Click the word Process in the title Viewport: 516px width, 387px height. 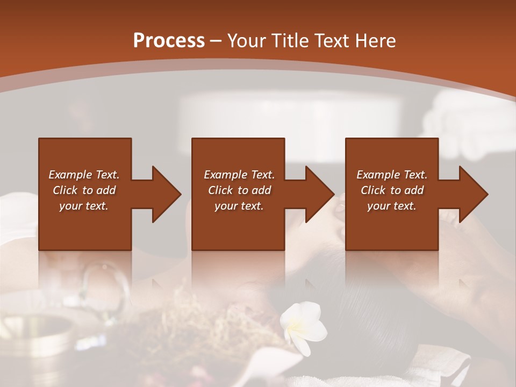tap(169, 40)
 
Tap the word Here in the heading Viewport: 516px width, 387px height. tap(376, 40)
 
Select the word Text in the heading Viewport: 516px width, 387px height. tap(333, 40)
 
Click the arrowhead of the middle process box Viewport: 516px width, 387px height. tap(319, 194)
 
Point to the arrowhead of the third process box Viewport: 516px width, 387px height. tap(473, 194)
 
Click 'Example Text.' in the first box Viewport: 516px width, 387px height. tap(84, 175)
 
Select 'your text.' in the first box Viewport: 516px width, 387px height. tap(84, 206)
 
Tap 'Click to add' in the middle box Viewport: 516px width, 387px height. tap(239, 190)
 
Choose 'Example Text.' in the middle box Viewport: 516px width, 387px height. tap(239, 175)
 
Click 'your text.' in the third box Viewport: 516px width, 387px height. tap(392, 206)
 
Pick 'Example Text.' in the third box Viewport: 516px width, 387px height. tap(392, 175)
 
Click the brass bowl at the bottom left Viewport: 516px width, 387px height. tap(40, 333)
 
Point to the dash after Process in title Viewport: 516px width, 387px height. tap(216, 41)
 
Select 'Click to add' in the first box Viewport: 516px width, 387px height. tap(84, 190)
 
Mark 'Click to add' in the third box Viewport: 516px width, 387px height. tap(392, 190)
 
